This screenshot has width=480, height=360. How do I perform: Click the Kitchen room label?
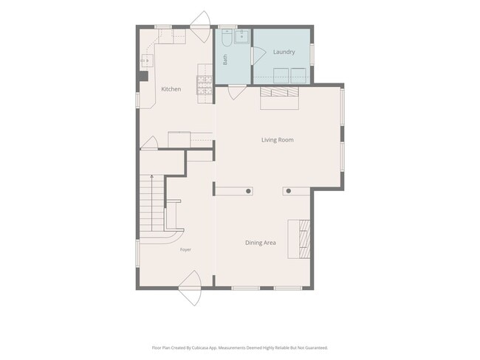(x=171, y=89)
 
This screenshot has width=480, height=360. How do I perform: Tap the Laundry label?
(x=284, y=52)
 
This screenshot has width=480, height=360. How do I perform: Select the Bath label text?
(x=225, y=60)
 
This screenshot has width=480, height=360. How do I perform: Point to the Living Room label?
(x=278, y=139)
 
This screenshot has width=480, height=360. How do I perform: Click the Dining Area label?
(x=261, y=243)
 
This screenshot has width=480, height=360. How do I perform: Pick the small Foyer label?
(x=185, y=249)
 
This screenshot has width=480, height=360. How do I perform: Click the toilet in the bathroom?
(x=227, y=38)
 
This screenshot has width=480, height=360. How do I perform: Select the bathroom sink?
(x=242, y=36)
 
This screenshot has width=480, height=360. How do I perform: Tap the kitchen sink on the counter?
(x=147, y=60)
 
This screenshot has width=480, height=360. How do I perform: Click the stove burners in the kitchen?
(x=205, y=85)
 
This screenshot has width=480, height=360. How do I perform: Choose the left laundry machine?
(x=281, y=75)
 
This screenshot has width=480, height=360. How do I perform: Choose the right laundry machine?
(x=298, y=75)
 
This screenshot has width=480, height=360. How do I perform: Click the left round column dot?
(x=249, y=191)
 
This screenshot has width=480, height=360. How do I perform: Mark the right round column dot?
(x=288, y=191)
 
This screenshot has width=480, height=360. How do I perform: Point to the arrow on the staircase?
(x=151, y=203)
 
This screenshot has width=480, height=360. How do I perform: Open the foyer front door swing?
(x=190, y=288)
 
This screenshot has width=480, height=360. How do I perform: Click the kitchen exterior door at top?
(x=201, y=27)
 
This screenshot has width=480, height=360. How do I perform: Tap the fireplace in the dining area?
(x=299, y=239)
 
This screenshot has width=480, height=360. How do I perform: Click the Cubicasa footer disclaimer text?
(x=240, y=347)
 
